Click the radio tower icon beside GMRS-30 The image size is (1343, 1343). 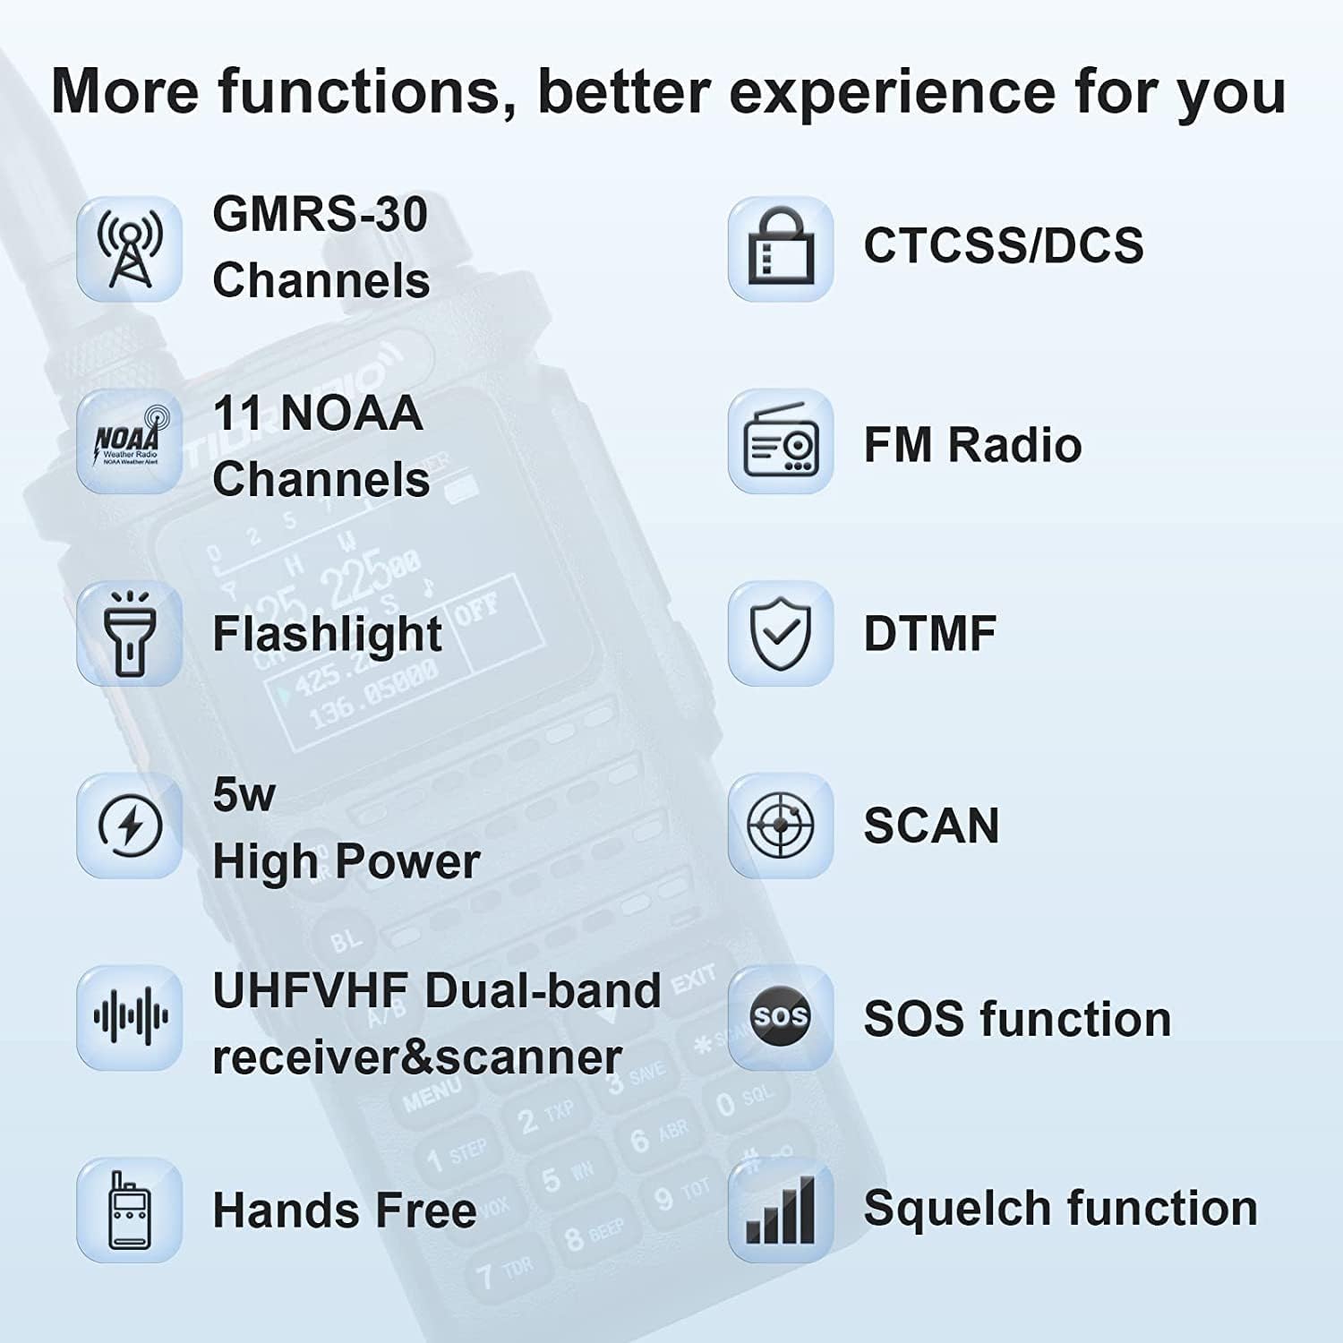click(x=130, y=248)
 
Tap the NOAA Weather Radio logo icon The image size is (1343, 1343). click(x=130, y=441)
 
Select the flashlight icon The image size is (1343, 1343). click(x=130, y=633)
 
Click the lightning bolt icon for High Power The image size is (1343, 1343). click(x=130, y=825)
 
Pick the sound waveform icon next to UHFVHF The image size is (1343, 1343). click(x=130, y=1018)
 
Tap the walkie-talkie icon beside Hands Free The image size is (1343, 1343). click(x=130, y=1210)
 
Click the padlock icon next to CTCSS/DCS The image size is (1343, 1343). click(x=781, y=248)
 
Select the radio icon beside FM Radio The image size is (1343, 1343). click(x=781, y=441)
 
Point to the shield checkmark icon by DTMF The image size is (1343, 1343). click(x=781, y=633)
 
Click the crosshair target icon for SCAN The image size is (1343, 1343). click(x=781, y=825)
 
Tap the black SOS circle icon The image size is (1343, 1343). click(x=780, y=1018)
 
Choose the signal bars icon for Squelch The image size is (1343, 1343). click(x=781, y=1210)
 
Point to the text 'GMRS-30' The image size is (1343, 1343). click(x=320, y=215)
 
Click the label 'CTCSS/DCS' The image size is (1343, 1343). click(x=1003, y=245)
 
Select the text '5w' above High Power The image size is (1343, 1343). click(x=244, y=794)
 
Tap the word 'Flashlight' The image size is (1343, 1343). click(x=327, y=634)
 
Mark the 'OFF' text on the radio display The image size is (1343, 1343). click(x=476, y=610)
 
